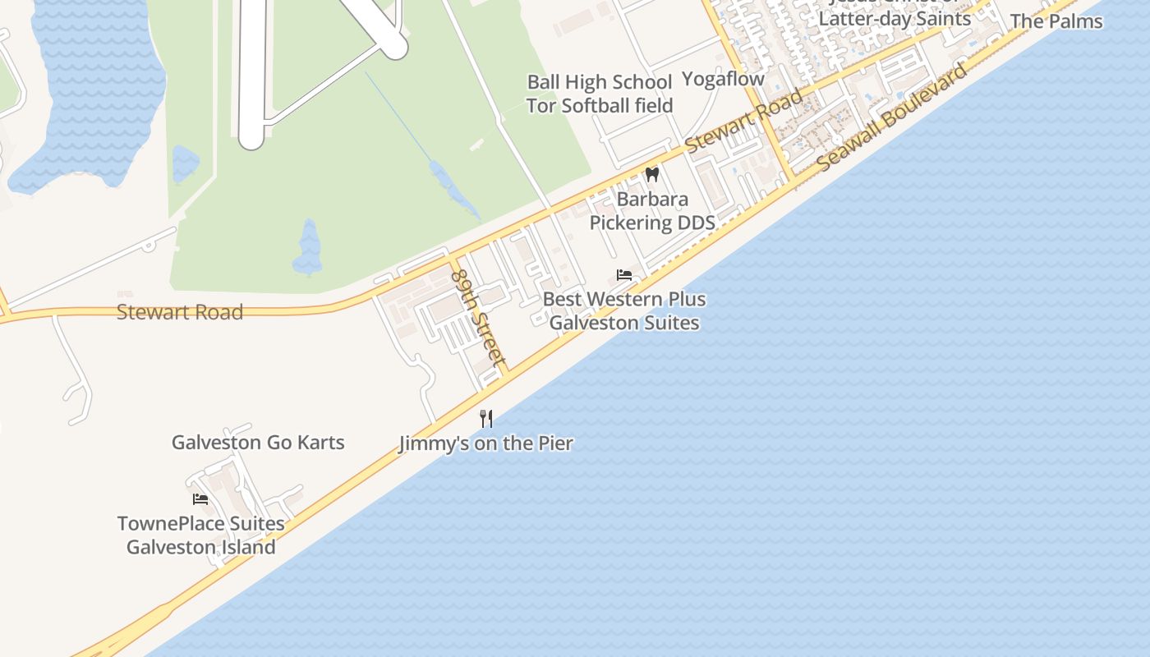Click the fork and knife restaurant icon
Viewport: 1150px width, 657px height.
point(486,419)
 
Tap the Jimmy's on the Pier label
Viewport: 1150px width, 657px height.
point(485,443)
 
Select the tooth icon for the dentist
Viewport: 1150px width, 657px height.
point(652,174)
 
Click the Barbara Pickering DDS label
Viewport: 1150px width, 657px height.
point(652,211)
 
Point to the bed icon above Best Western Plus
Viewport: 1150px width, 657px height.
point(624,274)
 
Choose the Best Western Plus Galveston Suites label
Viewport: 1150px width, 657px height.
point(624,310)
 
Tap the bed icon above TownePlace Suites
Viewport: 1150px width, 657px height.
point(200,498)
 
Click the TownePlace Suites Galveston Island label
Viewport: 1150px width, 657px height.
point(200,535)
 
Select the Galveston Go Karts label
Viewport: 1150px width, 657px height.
point(258,442)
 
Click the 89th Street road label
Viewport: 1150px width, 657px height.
point(478,315)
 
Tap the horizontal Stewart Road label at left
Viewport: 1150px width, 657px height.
point(180,312)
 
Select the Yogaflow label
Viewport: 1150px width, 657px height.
point(723,79)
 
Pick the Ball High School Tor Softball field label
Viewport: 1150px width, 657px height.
point(600,94)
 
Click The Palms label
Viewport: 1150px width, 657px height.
point(1056,21)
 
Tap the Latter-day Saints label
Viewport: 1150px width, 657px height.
point(895,18)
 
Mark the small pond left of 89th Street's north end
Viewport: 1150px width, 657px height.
point(308,248)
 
